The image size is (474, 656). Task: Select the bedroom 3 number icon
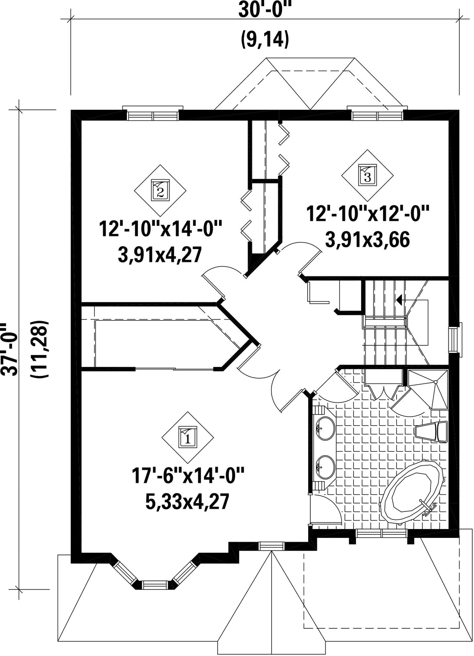pos(367,176)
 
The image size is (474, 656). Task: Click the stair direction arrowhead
pos(399,300)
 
